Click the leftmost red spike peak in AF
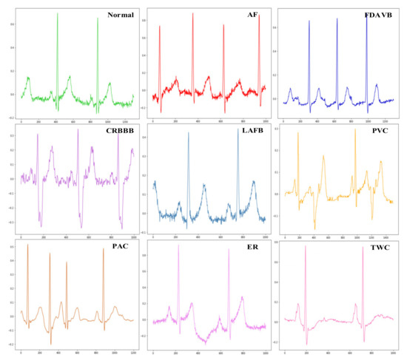(159, 26)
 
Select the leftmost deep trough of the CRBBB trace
(41, 225)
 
